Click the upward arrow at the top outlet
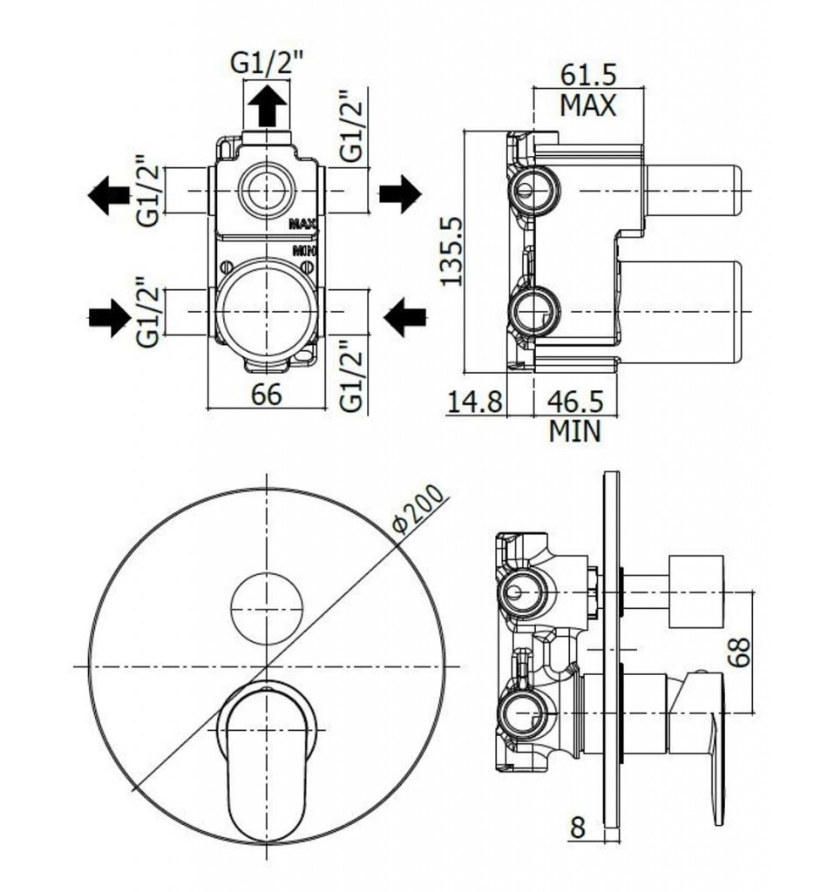click(x=267, y=105)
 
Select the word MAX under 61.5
click(x=588, y=105)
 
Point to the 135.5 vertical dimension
click(x=452, y=251)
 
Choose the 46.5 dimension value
click(x=575, y=402)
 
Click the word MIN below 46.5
click(x=575, y=431)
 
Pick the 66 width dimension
click(x=267, y=395)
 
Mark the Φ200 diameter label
click(x=419, y=510)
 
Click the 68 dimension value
click(x=739, y=652)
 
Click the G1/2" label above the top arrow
click(x=267, y=64)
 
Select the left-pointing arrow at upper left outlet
click(x=109, y=194)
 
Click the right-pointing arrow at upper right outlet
click(x=400, y=194)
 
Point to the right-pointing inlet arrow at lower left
click(x=109, y=317)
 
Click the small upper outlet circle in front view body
click(x=267, y=189)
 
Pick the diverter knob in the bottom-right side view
click(x=695, y=591)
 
